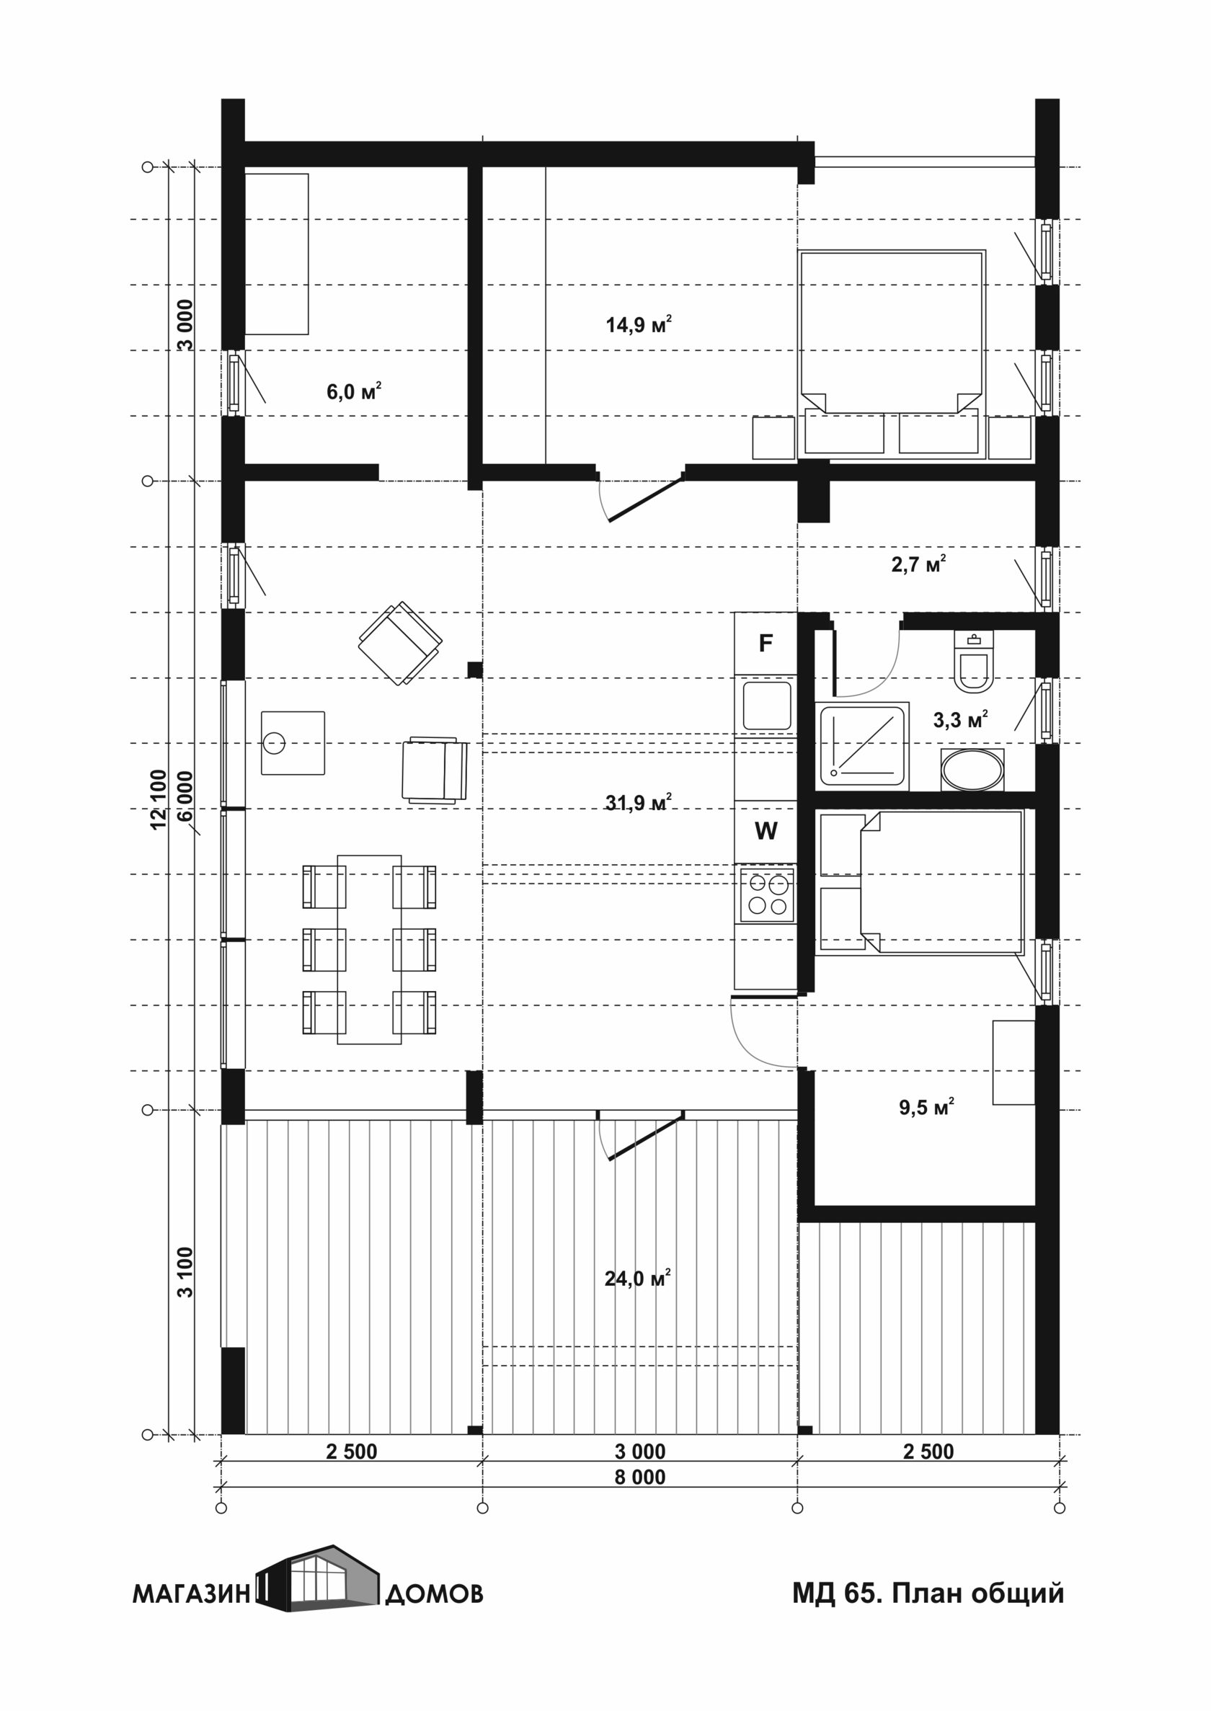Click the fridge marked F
pyautogui.click(x=766, y=643)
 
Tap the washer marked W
pyautogui.click(x=766, y=831)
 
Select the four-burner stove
pyautogui.click(x=766, y=894)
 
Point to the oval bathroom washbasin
pyautogui.click(x=972, y=770)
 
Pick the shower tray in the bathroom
pyautogui.click(x=863, y=745)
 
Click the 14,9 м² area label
pyautogui.click(x=639, y=324)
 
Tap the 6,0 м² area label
pyautogui.click(x=354, y=391)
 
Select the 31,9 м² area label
pyautogui.click(x=639, y=802)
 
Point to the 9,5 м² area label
pyautogui.click(x=926, y=1107)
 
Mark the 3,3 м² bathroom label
pyautogui.click(x=960, y=719)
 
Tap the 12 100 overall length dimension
pyautogui.click(x=159, y=799)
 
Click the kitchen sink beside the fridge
pyautogui.click(x=766, y=706)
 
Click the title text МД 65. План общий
pyautogui.click(x=928, y=1594)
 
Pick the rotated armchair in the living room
pyautogui.click(x=401, y=643)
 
